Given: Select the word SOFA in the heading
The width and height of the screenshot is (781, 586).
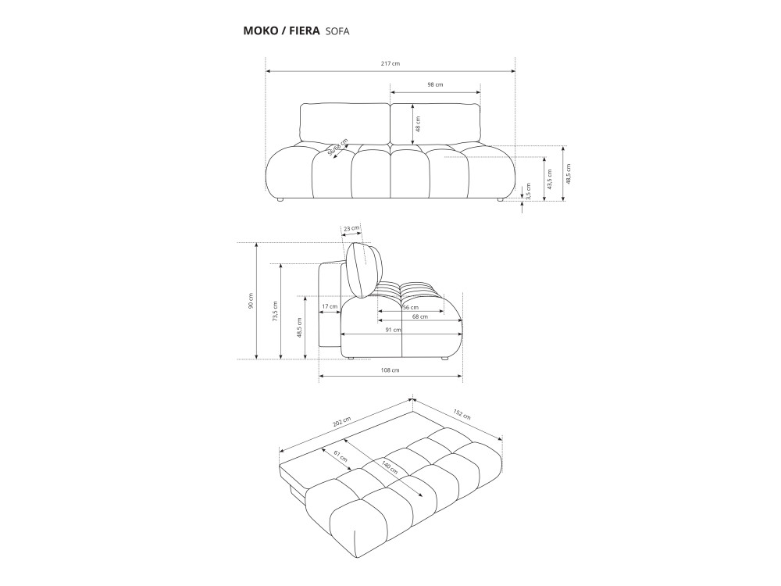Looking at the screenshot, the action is pyautogui.click(x=337, y=31).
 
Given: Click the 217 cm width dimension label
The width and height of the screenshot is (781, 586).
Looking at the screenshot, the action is pyautogui.click(x=390, y=63).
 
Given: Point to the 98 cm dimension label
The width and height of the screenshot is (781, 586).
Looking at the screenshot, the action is pyautogui.click(x=435, y=84).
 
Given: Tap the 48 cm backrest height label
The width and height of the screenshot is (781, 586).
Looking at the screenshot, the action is pyautogui.click(x=418, y=124).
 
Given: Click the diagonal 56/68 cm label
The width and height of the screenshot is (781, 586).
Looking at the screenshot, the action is pyautogui.click(x=337, y=147).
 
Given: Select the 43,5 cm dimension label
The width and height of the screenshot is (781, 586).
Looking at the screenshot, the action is pyautogui.click(x=549, y=179).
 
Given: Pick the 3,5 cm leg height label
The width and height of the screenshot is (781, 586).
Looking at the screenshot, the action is pyautogui.click(x=529, y=191).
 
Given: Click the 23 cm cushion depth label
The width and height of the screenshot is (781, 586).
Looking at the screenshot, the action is pyautogui.click(x=351, y=228).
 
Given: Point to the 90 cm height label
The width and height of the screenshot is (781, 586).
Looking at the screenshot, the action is pyautogui.click(x=251, y=301).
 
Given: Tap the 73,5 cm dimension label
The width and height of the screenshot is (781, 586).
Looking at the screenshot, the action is pyautogui.click(x=276, y=312).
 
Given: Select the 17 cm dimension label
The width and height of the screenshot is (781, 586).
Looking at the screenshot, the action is pyautogui.click(x=330, y=306).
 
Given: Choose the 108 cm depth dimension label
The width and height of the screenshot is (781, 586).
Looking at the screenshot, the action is pyautogui.click(x=390, y=370).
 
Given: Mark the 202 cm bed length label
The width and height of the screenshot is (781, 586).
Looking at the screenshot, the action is pyautogui.click(x=342, y=423).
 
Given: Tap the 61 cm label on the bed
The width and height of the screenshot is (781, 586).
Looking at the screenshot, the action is pyautogui.click(x=341, y=456).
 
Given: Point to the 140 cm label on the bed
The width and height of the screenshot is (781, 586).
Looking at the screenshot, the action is pyautogui.click(x=390, y=467).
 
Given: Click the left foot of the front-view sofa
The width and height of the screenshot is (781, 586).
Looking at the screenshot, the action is pyautogui.click(x=280, y=200).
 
